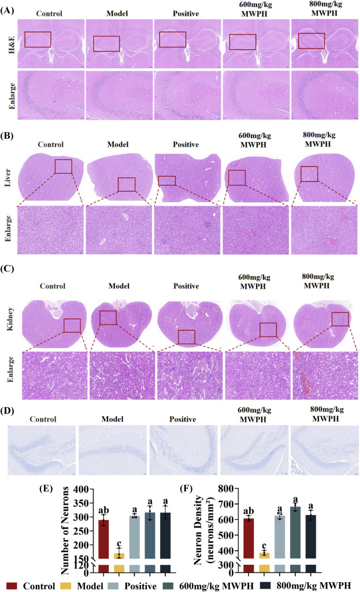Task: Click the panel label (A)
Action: pyautogui.click(x=10, y=7)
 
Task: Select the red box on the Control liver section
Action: pyautogui.click(x=64, y=166)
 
